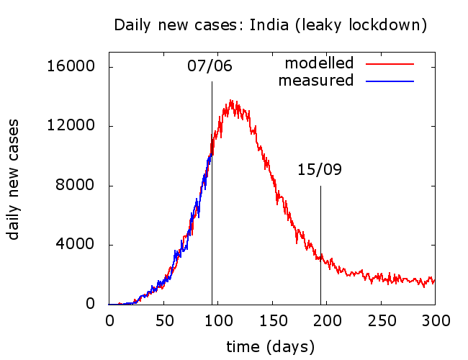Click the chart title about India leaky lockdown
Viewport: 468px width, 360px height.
pos(271,25)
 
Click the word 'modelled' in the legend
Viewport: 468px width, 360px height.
pos(320,63)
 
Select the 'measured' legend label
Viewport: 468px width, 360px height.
pos(316,80)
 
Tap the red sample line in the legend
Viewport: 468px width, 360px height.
pos(390,63)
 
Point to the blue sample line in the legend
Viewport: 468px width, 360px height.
pos(390,81)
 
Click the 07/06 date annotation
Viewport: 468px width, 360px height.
pos(210,66)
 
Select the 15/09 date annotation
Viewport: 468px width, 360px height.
pos(319,170)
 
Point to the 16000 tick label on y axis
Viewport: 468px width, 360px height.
pos(71,67)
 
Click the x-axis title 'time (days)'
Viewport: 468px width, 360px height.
pos(271,346)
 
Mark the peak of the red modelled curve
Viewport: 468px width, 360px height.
pos(231,101)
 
